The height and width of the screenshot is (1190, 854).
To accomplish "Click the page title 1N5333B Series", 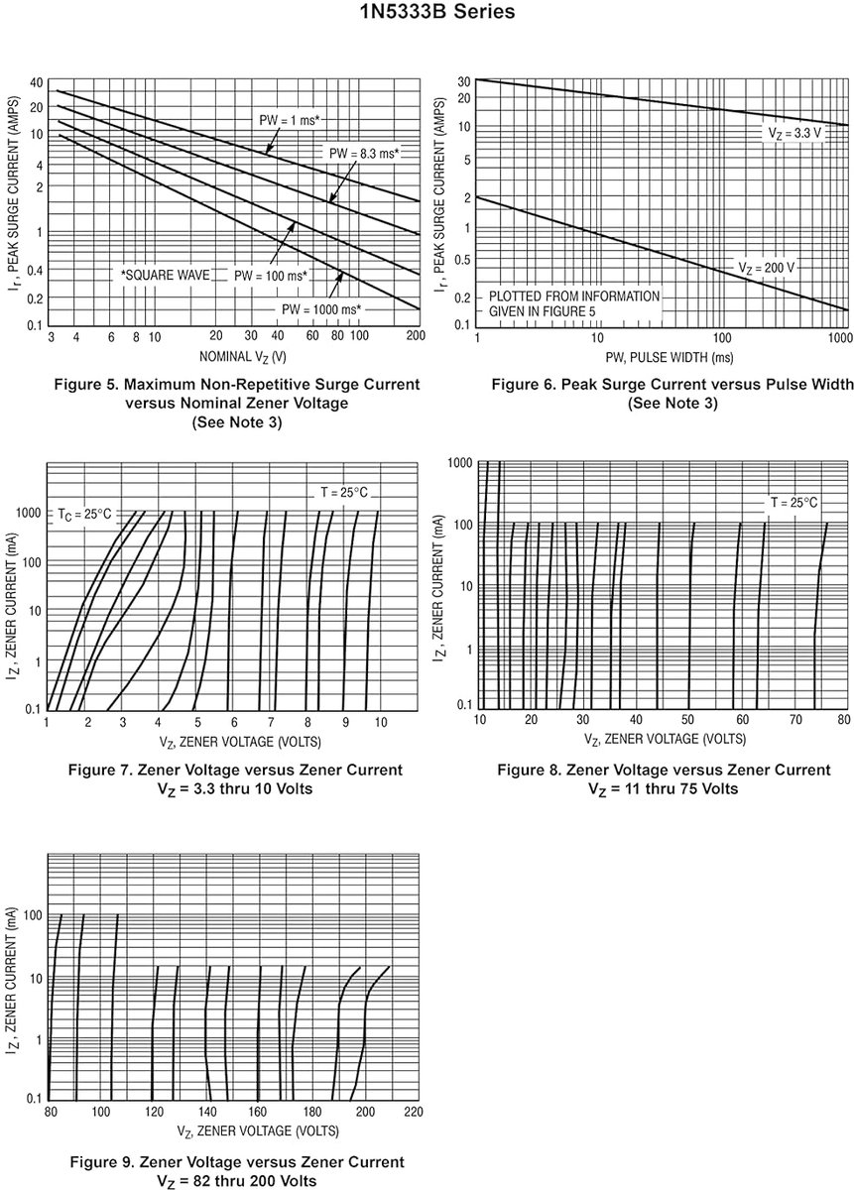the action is point(437,11).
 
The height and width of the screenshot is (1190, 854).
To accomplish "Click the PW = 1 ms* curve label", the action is point(289,120).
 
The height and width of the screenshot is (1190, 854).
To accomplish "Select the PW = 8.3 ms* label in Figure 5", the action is point(364,154).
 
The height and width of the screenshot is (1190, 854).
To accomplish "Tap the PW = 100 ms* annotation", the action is point(271,276).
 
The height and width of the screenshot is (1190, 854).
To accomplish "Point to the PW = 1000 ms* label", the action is point(321,309).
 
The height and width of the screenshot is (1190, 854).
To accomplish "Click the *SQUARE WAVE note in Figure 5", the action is point(166,276).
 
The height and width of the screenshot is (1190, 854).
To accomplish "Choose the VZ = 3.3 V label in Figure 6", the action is point(794,133).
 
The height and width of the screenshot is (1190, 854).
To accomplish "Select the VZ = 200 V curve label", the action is point(766,268).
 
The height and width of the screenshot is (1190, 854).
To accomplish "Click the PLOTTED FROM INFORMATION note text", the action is point(574,296).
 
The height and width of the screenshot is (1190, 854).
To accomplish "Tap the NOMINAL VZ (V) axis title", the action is point(242,356).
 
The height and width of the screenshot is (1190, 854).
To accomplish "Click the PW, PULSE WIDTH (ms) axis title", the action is point(670,357).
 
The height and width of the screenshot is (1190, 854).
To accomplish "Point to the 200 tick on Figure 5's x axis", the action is point(416,335).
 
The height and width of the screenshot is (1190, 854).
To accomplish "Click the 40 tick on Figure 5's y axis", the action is point(36,82).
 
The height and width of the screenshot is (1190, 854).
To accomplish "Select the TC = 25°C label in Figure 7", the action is point(84,515).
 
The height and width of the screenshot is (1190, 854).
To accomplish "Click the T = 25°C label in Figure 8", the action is point(793,502).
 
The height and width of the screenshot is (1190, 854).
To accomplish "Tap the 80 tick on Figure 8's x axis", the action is point(843,719).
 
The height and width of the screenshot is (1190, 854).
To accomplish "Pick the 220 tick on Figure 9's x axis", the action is point(414,1112).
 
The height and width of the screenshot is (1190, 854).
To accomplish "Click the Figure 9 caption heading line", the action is point(237,1162).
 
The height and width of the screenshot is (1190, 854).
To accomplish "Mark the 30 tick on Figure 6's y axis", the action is point(464,81).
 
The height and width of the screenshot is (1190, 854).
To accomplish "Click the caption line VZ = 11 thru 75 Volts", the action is point(664,789).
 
